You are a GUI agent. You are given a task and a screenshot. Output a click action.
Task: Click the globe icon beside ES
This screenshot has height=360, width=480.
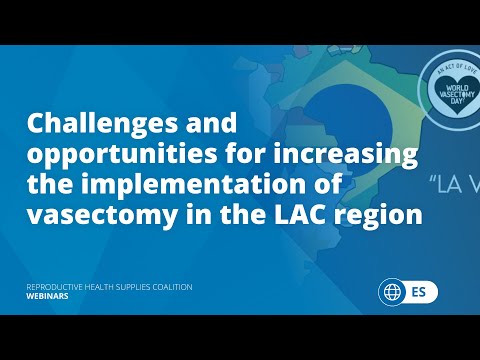[391, 293]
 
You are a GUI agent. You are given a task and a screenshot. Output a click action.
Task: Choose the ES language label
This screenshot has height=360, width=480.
[420, 293]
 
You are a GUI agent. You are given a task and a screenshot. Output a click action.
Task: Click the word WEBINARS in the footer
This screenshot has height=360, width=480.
[47, 297]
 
